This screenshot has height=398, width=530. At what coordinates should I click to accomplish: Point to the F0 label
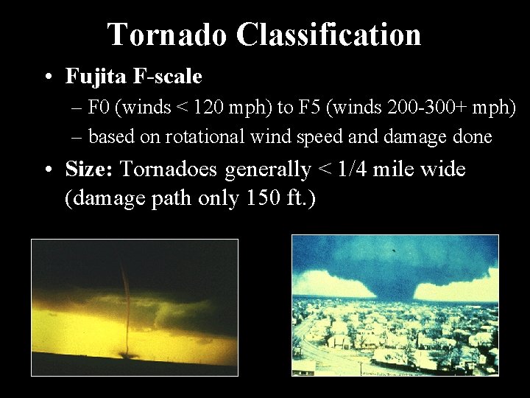click(99, 108)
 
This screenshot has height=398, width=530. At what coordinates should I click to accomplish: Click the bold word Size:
click(89, 170)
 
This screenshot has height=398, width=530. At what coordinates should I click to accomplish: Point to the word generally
click(268, 170)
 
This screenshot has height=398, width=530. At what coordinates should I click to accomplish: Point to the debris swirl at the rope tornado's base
click(128, 355)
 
